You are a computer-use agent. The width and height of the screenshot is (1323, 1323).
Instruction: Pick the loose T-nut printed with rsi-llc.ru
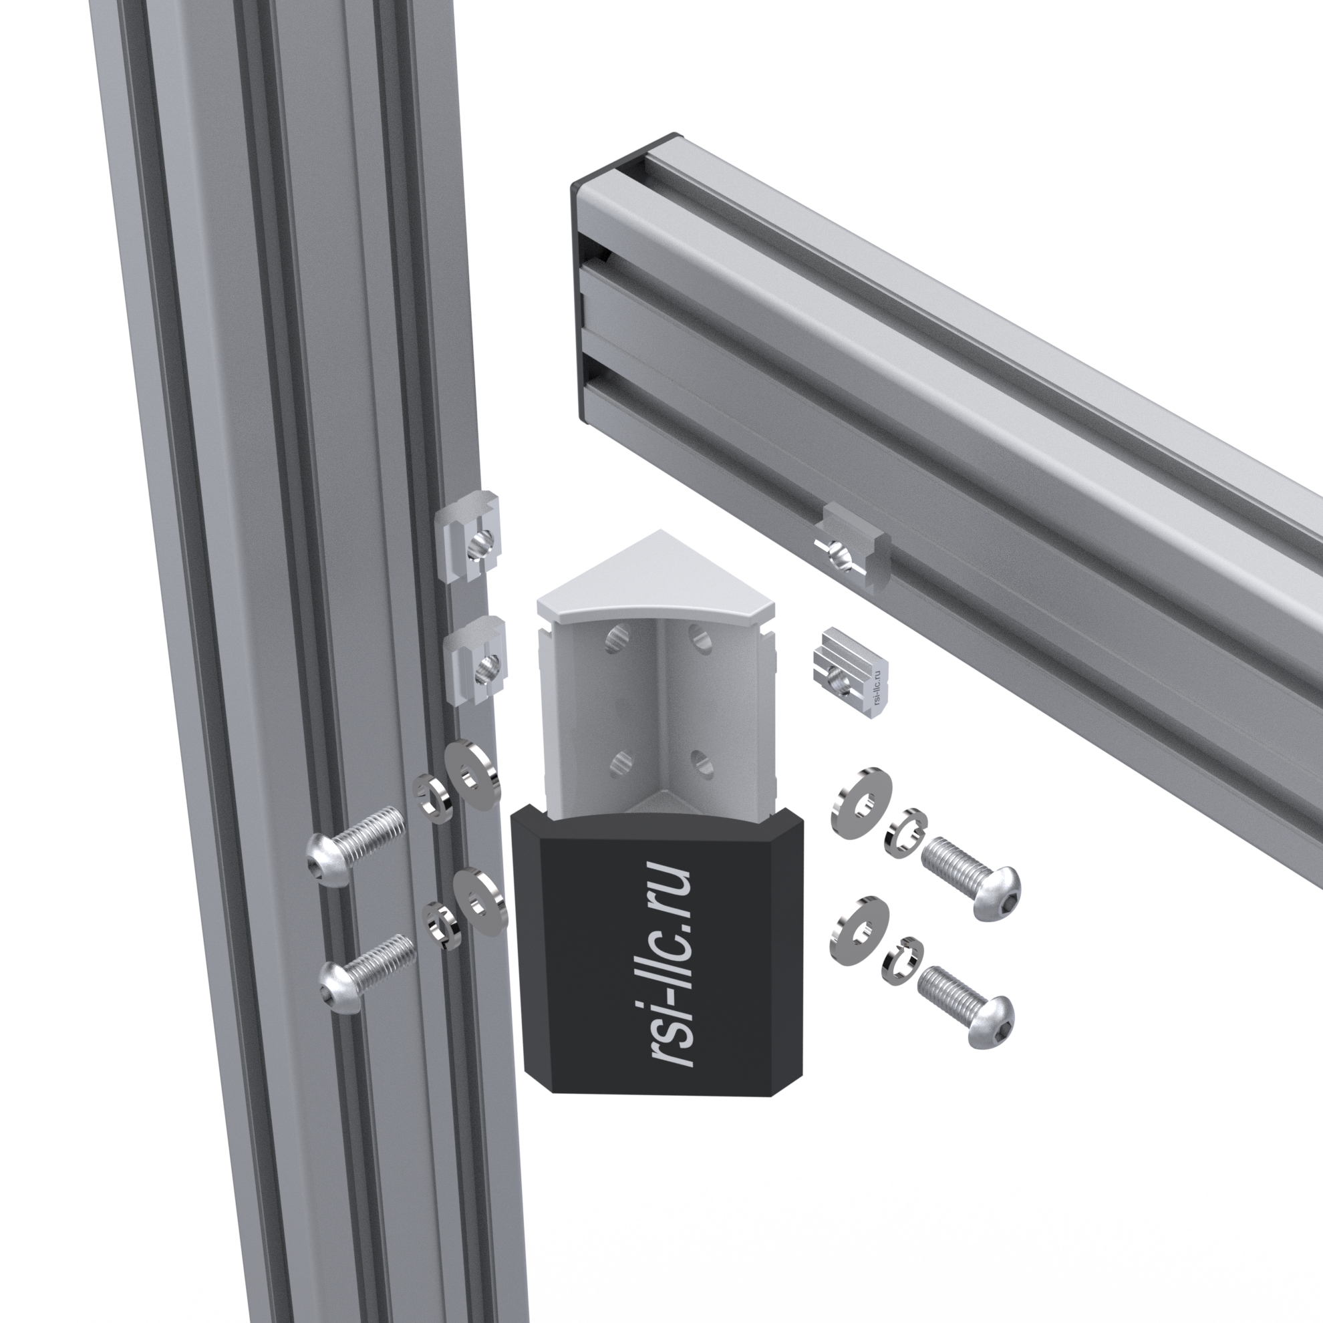point(851,672)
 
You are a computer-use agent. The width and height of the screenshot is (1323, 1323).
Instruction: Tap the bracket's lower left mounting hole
point(621,762)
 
